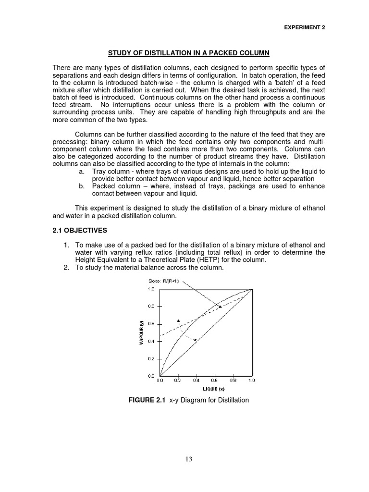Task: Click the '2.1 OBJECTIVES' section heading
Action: coord(80,231)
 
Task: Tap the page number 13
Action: coord(188,459)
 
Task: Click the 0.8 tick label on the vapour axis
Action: coord(150,306)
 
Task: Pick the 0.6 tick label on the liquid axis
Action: coord(215,380)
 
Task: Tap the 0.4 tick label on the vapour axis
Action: coord(150,341)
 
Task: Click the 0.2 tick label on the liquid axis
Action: coord(178,380)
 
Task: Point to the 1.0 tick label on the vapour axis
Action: coord(150,289)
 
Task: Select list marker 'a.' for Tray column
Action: coord(81,172)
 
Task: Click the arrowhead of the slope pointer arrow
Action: coord(221,307)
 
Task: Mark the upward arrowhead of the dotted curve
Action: coord(178,320)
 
